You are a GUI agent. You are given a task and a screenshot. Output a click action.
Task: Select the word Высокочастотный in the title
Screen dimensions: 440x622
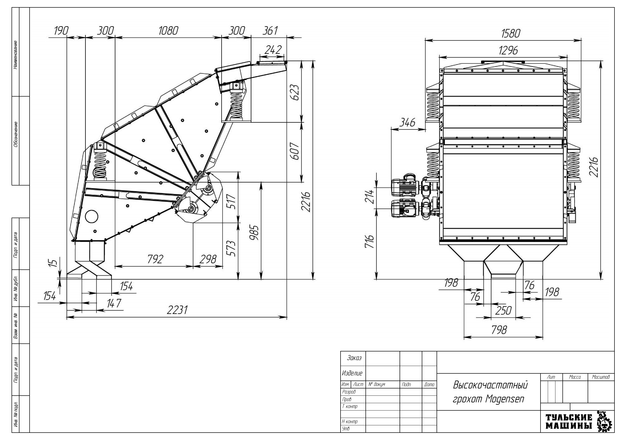point(490,385)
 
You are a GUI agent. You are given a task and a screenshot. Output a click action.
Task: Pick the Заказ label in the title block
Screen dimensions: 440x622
point(354,358)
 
